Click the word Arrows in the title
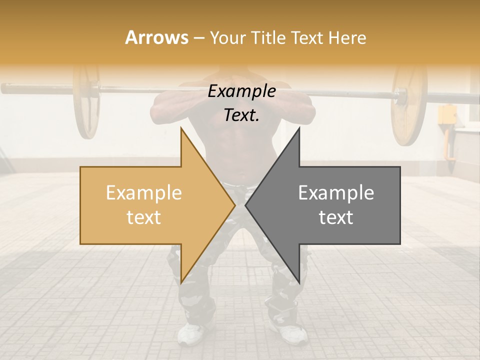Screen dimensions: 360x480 [x=157, y=37]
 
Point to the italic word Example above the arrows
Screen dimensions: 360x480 [x=241, y=91]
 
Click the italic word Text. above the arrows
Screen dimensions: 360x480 [x=241, y=115]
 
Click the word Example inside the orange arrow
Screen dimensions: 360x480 [x=144, y=192]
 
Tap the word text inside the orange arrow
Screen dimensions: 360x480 [x=144, y=217]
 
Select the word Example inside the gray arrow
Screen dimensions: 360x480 [x=336, y=192]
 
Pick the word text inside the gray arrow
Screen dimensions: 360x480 [x=336, y=217]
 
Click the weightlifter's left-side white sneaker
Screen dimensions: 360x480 [x=191, y=333]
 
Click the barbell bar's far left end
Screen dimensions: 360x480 [x=4, y=89]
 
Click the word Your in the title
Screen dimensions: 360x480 [x=226, y=37]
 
